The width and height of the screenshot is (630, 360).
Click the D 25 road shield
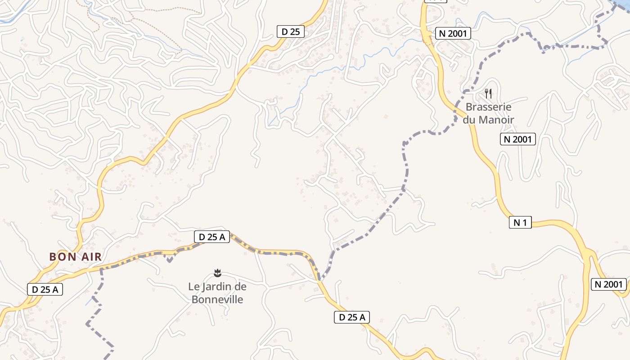point(290,31)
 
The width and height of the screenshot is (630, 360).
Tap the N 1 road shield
point(520,222)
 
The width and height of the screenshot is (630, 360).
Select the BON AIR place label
point(75,257)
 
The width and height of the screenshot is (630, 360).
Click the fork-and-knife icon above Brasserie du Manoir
point(488,94)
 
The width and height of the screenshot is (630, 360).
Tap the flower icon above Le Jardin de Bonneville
point(218,273)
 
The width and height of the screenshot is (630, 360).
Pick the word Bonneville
point(217,299)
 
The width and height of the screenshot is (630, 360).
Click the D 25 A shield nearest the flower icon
point(212,237)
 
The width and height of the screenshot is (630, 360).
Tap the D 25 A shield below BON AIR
point(45,289)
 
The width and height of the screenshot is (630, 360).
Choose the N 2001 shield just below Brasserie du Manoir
point(517,139)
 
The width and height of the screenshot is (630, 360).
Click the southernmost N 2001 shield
point(609,284)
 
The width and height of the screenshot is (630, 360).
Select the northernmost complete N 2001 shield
point(453,33)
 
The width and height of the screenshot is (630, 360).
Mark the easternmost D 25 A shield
point(352,317)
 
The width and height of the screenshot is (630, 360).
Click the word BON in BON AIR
point(59,257)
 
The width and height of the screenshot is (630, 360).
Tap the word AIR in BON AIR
point(91,257)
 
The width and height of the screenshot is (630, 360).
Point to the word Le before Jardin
point(193,286)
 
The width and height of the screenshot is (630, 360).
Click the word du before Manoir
point(469,120)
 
